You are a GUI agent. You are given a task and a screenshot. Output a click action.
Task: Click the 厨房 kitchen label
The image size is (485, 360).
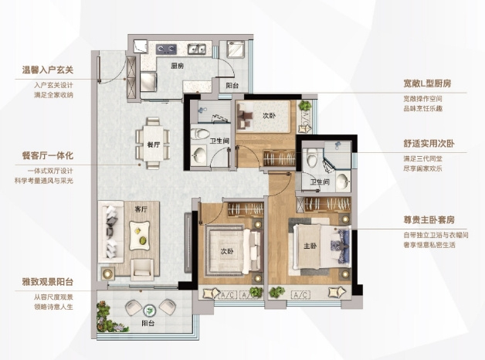(x=178, y=66)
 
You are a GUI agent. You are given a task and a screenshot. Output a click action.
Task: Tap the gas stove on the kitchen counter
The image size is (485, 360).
(x=166, y=49)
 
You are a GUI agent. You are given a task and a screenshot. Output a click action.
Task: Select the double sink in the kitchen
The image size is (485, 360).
(x=196, y=49)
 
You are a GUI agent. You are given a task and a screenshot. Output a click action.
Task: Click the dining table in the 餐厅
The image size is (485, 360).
(x=154, y=144)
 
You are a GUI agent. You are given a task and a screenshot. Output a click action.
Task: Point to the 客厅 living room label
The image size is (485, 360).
(x=141, y=209)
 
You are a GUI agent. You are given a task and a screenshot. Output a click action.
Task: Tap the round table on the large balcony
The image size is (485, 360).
(x=150, y=310)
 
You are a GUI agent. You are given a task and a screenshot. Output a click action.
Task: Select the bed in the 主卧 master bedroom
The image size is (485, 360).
(x=322, y=246)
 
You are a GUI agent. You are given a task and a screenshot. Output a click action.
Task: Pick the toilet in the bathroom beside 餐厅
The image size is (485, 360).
(x=197, y=134)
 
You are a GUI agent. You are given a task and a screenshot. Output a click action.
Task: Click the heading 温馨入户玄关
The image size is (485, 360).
(x=48, y=70)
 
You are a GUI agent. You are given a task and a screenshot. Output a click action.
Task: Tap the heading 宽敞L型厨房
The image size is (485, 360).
(x=427, y=83)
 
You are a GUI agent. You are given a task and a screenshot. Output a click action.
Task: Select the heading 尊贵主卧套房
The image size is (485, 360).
(x=429, y=220)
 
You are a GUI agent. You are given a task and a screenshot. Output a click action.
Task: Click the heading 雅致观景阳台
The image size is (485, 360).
(x=48, y=282)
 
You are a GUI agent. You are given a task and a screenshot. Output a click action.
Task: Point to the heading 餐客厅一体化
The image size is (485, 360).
(x=48, y=155)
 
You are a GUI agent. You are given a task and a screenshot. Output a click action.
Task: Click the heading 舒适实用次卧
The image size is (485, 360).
(x=429, y=143)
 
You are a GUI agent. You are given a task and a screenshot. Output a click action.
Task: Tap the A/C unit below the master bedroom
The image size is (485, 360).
(x=300, y=295)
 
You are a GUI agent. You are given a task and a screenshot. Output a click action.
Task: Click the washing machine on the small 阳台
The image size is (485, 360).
(x=236, y=49)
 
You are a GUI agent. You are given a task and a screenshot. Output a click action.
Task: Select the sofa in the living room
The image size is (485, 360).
(x=110, y=232)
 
